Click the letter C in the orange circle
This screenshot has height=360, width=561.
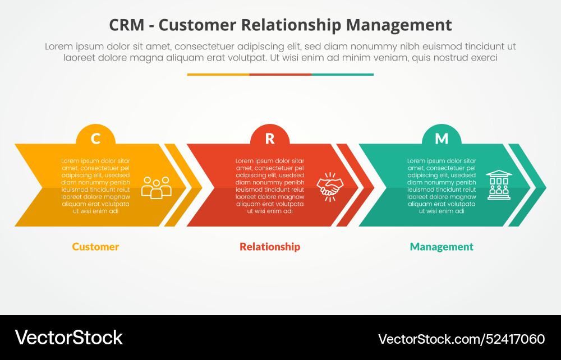pos(96,139)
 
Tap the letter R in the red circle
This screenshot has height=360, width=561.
pos(270,139)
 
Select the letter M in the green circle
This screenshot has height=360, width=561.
pos(442,139)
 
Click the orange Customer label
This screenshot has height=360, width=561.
pos(95,247)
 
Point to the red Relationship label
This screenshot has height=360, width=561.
pos(270,247)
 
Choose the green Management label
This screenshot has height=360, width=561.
pos(442,247)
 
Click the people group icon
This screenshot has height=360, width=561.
pos(156,187)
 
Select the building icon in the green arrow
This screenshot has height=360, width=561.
pos(498,185)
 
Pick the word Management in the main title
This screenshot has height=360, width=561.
pos(399,25)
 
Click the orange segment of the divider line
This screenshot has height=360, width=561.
pos(218,74)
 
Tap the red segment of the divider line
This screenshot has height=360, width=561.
pos(280,74)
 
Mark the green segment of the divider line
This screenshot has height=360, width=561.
pos(342,74)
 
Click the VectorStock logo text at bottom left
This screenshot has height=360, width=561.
pos(68,338)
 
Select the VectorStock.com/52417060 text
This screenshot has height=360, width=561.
pos(461,339)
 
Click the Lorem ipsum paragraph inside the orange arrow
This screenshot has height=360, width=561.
pos(95,186)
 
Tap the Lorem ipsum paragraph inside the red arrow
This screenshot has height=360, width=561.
pos(270,186)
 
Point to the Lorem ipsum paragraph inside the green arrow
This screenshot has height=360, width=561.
pos(442,186)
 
